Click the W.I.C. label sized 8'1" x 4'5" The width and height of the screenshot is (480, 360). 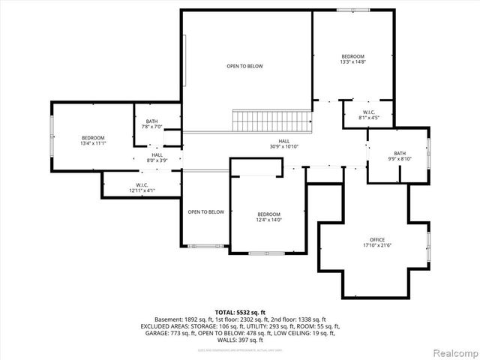click(364, 112)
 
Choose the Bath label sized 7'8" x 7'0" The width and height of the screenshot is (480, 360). click(152, 121)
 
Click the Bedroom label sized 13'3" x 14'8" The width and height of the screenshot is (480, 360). click(352, 57)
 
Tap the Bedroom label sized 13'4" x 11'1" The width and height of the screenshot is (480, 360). click(93, 138)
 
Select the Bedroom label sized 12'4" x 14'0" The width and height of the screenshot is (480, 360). click(268, 214)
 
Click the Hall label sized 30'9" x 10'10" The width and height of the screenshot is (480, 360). click(284, 141)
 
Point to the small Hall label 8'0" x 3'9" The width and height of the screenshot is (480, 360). click(157, 155)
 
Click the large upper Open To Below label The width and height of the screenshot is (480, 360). click(245, 66)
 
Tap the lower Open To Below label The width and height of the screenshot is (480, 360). click(205, 211)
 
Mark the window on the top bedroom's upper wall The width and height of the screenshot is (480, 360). click(352, 10)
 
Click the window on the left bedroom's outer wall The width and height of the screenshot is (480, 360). click(52, 136)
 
